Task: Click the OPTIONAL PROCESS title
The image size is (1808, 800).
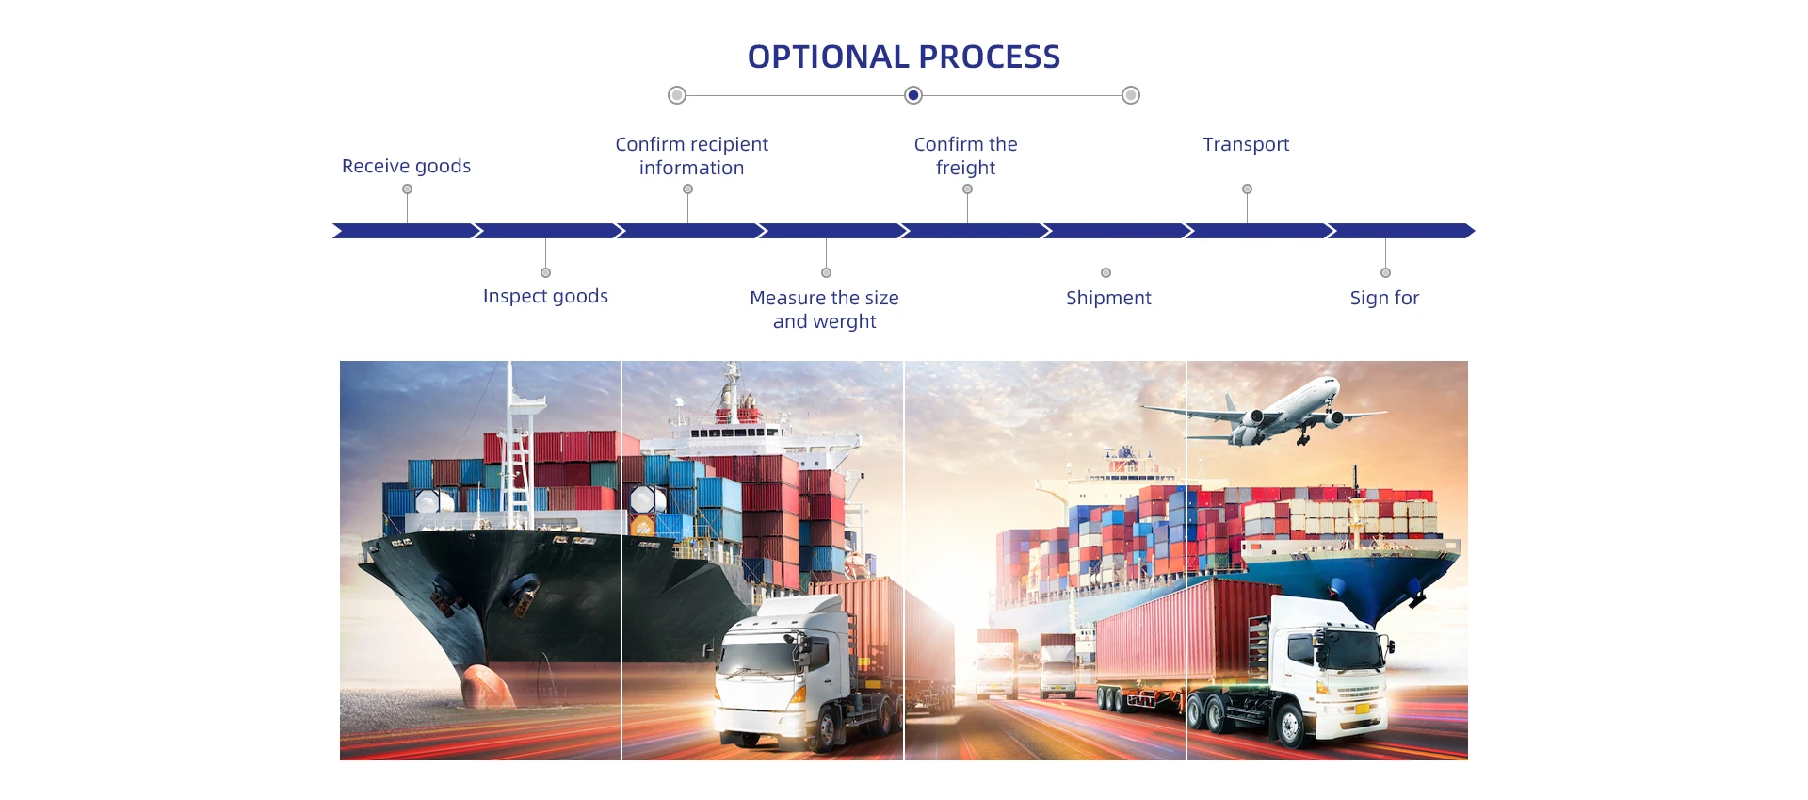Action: pyautogui.click(x=904, y=57)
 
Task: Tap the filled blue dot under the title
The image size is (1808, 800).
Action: pyautogui.click(x=913, y=95)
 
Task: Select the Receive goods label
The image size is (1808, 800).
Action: pyautogui.click(x=406, y=166)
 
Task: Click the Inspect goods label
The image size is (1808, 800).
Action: pyautogui.click(x=545, y=296)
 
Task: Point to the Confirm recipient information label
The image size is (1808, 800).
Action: pyautogui.click(x=691, y=155)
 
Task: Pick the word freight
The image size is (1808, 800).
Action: pyautogui.click(x=965, y=168)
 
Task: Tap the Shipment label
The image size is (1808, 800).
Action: pyautogui.click(x=1108, y=298)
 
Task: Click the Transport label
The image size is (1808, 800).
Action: pyautogui.click(x=1246, y=144)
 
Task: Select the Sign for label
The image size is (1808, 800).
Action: pyautogui.click(x=1384, y=298)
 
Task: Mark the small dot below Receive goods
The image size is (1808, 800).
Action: pyautogui.click(x=407, y=189)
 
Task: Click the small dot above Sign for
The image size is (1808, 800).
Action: pyautogui.click(x=1385, y=272)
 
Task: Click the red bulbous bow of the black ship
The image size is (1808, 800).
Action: pyautogui.click(x=484, y=685)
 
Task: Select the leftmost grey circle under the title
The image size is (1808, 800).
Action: pyautogui.click(x=677, y=95)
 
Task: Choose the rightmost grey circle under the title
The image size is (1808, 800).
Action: pyautogui.click(x=1131, y=95)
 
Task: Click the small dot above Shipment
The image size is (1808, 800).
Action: pyautogui.click(x=1106, y=272)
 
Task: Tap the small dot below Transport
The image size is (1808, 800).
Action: pyautogui.click(x=1247, y=189)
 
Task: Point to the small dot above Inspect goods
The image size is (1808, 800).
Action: pyautogui.click(x=545, y=272)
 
